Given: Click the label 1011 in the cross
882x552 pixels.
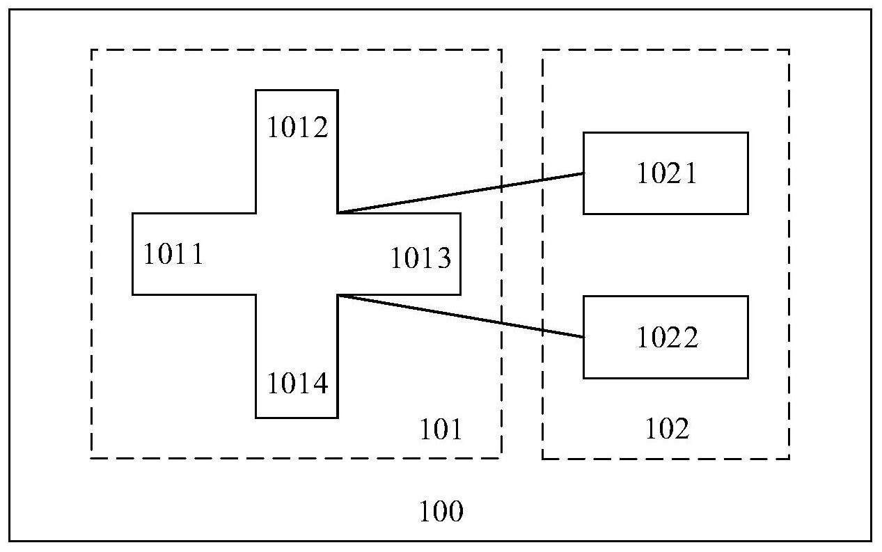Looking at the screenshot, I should (173, 255).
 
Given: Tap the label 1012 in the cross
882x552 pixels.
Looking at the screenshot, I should (297, 127).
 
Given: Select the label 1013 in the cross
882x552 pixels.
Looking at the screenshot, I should (420, 259).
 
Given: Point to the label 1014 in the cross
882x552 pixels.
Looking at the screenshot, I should (297, 384).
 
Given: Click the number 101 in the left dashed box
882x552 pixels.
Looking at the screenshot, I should (440, 430).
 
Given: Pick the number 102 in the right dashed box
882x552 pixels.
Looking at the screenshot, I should (667, 429).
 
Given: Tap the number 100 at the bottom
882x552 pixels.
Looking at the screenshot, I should (441, 512).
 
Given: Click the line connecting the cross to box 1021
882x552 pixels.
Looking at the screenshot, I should (459, 193).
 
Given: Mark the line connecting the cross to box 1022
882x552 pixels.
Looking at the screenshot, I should (459, 316).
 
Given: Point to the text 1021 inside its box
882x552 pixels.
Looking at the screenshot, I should (666, 173).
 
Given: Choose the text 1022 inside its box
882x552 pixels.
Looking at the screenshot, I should (666, 338).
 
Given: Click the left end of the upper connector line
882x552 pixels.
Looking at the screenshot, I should (339, 212).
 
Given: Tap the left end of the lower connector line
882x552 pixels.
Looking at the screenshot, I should (339, 296).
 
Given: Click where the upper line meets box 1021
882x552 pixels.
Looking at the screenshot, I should (583, 173).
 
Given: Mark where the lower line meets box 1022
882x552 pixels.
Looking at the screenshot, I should (583, 337).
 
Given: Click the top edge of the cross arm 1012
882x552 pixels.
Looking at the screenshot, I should (297, 90).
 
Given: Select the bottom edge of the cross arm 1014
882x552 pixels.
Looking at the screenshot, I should (297, 418).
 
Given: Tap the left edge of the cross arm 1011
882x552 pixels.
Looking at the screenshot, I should (133, 254).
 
